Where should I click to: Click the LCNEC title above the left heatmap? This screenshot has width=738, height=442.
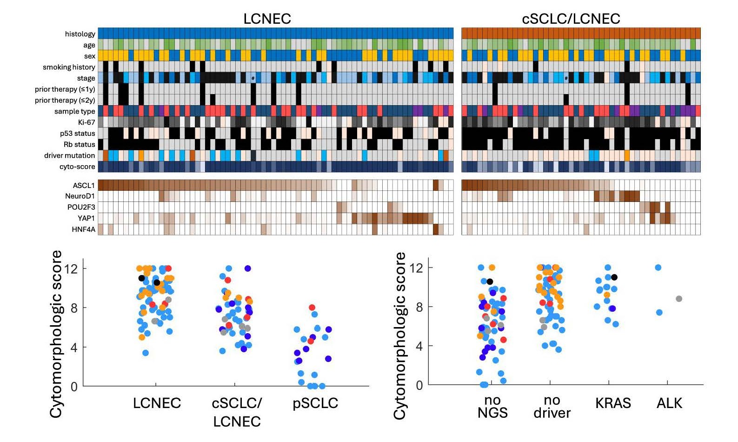point(267,19)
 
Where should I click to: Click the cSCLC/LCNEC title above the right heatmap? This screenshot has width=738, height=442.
point(571,19)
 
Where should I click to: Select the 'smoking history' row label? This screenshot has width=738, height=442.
point(69,67)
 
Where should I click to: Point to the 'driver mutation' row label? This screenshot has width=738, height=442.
point(69,155)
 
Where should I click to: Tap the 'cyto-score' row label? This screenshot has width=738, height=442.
point(77,167)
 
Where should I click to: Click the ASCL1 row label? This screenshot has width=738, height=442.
point(84,185)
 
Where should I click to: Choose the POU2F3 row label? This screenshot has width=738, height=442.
point(81,207)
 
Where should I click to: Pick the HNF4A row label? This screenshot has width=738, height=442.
point(83,229)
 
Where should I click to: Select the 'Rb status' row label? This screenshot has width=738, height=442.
point(79,144)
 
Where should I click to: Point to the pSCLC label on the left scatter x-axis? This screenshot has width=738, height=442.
point(315,403)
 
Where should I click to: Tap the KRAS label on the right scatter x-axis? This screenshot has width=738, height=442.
point(613,403)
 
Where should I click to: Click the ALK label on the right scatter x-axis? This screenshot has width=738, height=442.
point(669,403)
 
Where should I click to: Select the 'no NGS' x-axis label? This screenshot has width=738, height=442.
point(492,407)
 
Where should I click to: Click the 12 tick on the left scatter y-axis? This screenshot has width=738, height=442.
point(71,268)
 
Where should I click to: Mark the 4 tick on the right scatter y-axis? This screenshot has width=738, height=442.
point(419,346)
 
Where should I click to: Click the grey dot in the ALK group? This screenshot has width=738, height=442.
point(679,299)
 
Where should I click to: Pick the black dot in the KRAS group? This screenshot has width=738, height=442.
point(614,277)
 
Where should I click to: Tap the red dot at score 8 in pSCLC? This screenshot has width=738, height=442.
point(312,308)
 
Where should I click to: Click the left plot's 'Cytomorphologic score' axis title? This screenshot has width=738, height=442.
point(56,334)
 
